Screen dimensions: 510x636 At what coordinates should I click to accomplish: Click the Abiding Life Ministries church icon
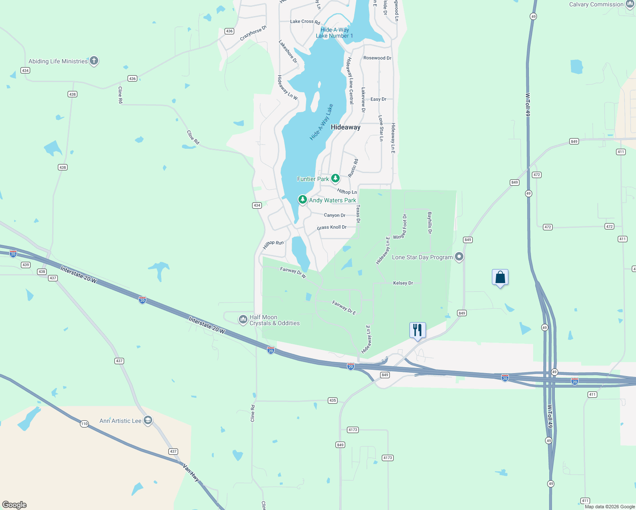click(94, 61)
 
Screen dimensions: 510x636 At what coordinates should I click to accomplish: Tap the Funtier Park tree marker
click(335, 178)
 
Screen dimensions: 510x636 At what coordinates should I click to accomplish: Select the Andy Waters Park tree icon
click(302, 199)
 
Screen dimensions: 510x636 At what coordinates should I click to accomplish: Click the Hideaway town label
click(345, 127)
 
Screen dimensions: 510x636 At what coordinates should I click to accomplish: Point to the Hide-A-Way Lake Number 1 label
click(334, 33)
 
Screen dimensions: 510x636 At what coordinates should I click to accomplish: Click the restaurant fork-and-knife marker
click(417, 330)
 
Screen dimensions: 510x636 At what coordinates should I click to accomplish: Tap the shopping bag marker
click(500, 277)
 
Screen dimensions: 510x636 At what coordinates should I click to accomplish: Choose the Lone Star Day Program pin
click(459, 257)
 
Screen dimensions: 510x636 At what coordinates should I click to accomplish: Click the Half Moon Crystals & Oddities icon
click(243, 319)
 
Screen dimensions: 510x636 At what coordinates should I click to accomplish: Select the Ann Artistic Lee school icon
click(148, 420)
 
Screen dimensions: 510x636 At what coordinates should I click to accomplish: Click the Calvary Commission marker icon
click(630, 4)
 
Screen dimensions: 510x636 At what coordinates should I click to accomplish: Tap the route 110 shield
click(84, 424)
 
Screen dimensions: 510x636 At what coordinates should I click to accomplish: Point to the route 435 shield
click(332, 400)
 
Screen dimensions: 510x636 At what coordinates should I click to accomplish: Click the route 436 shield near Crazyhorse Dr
click(229, 31)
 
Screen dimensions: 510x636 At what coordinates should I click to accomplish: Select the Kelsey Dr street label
click(403, 283)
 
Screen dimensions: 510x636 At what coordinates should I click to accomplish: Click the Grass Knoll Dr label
click(332, 227)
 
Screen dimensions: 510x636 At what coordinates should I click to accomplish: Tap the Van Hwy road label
click(191, 473)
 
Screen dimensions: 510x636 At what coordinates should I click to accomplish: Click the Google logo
click(14, 505)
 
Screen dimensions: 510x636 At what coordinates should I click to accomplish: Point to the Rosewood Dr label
click(377, 58)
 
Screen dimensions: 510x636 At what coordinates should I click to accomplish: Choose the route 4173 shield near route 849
click(353, 430)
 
